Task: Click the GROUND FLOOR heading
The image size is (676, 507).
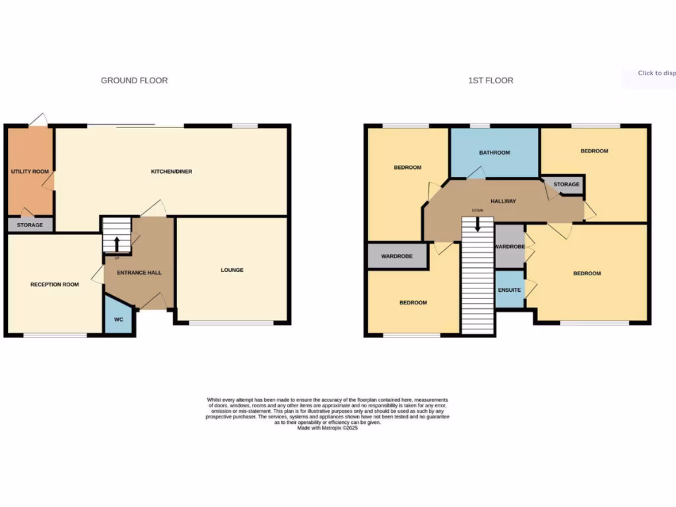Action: (134, 81)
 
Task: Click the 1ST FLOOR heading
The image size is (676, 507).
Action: (490, 81)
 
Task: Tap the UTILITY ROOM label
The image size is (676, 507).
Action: (30, 172)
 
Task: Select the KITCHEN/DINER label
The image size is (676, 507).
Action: (172, 172)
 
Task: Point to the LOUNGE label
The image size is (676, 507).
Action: (232, 270)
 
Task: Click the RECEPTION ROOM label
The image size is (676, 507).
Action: (54, 285)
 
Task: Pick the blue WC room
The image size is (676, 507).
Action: (119, 317)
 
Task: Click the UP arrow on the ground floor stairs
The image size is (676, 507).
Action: (117, 244)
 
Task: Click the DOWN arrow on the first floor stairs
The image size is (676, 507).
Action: (477, 225)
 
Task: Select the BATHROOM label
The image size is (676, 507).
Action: (494, 153)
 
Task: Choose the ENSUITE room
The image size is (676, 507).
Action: (509, 290)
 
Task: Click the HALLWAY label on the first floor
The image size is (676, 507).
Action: (503, 201)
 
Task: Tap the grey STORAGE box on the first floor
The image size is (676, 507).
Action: (566, 185)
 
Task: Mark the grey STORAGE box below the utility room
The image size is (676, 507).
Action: (30, 225)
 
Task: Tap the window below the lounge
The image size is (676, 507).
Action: (232, 323)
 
